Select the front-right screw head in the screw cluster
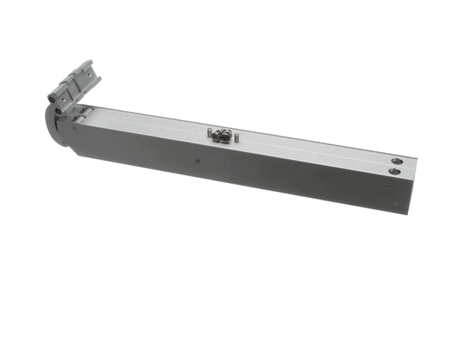[x=226, y=137]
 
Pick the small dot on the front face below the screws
[x=196, y=159]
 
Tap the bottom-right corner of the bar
[x=407, y=214]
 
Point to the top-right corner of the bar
[x=416, y=160]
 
